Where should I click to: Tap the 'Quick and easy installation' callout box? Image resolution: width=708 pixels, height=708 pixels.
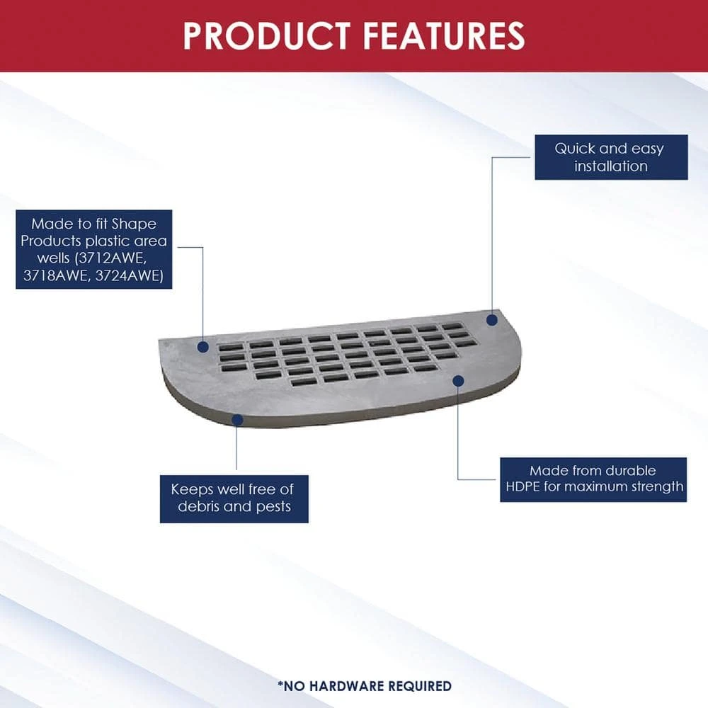pos(610,157)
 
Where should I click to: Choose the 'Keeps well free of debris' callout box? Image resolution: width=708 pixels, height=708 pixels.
pos(234,498)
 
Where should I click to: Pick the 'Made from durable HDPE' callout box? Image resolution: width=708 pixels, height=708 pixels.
pos(593,479)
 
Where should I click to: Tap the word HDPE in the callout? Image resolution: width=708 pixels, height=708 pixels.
pos(525,486)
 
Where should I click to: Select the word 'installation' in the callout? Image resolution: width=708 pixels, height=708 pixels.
pos(610,167)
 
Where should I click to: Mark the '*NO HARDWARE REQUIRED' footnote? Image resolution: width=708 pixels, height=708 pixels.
pos(365,685)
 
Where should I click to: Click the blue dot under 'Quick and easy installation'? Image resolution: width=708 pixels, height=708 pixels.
pos(491,320)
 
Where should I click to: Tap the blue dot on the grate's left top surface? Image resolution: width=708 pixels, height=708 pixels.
pos(202,347)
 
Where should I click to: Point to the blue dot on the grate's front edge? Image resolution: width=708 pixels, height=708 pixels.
pos(237,420)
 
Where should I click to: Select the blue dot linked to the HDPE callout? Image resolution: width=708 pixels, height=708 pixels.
pos(457,381)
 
